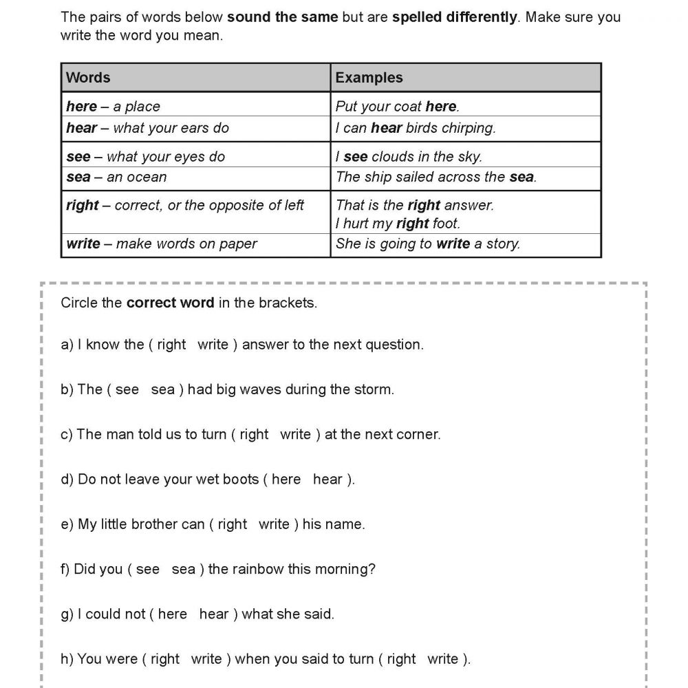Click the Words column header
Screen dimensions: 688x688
pyautogui.click(x=88, y=78)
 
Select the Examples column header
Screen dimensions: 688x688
pyautogui.click(x=369, y=78)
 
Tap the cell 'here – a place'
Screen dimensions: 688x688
pyautogui.click(x=113, y=107)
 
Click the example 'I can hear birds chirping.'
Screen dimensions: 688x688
pyautogui.click(x=416, y=128)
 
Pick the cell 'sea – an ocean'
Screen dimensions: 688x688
pyautogui.click(x=116, y=177)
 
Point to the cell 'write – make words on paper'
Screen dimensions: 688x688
pyautogui.click(x=162, y=244)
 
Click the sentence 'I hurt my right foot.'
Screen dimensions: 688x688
pyautogui.click(x=398, y=223)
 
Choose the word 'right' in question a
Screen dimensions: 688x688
pyautogui.click(x=171, y=345)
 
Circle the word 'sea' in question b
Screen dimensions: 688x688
pyautogui.click(x=163, y=389)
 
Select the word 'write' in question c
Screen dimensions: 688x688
pyautogui.click(x=296, y=435)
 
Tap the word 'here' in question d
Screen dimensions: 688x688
pyautogui.click(x=286, y=480)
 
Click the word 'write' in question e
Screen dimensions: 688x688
pyautogui.click(x=274, y=524)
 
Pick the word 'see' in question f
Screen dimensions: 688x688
pyautogui.click(x=148, y=569)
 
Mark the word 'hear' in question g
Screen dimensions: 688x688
pyautogui.click(x=214, y=614)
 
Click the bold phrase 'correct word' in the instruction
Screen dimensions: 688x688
pyautogui.click(x=171, y=303)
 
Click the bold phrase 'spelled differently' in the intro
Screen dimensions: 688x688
pyautogui.click(x=455, y=17)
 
